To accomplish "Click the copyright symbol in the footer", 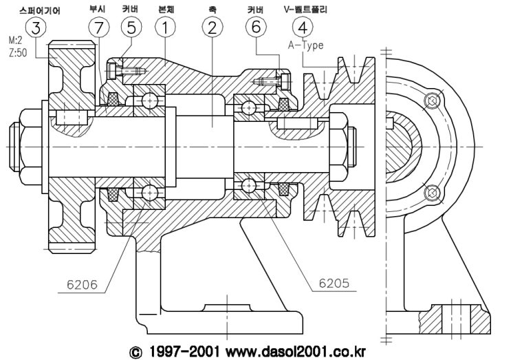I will [135, 350].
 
